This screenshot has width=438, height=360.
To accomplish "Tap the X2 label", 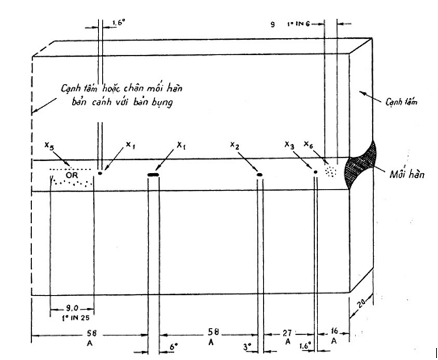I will coord(234,144).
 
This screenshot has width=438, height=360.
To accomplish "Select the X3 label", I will coord(288,144).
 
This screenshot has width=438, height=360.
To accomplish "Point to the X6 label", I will coord(308,144).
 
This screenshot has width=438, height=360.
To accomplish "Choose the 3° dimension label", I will coord(245,347).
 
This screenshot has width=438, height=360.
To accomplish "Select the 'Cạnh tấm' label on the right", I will coord(399,104).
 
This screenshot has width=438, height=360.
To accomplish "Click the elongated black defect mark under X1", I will coord(153,174).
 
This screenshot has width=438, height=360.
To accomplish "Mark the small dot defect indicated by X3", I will coord(316,172).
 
